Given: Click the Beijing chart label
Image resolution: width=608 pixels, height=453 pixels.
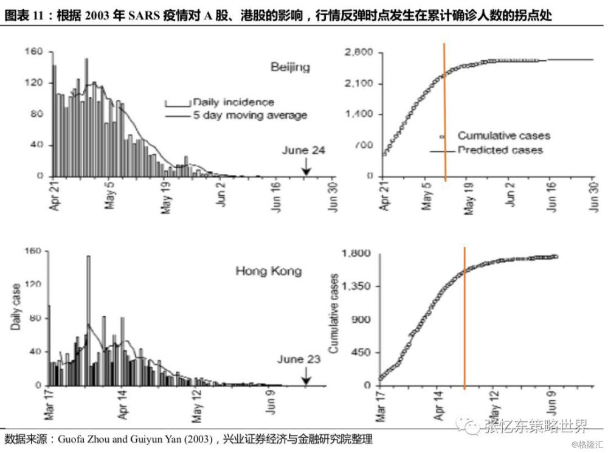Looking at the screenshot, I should (290, 67).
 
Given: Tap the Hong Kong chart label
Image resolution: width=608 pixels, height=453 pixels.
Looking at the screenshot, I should (268, 271).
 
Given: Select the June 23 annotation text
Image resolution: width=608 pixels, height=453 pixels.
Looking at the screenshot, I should (299, 359).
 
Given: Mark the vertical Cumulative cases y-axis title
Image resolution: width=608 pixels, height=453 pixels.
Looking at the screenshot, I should (333, 313).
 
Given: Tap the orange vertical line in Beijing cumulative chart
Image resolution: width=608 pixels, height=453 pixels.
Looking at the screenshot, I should (444, 112).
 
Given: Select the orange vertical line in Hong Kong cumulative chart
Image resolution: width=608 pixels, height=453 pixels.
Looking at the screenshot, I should (465, 316).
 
